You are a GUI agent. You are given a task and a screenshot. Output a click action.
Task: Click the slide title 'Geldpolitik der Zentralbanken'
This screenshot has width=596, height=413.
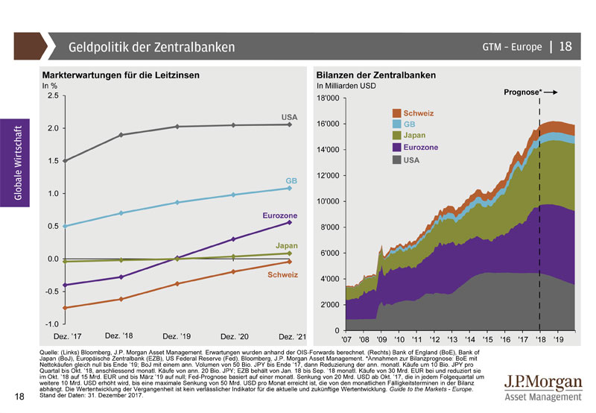[151, 47]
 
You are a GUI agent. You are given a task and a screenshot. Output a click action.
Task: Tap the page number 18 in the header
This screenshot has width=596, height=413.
[565, 46]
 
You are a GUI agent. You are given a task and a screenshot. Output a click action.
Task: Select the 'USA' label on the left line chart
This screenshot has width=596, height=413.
[289, 117]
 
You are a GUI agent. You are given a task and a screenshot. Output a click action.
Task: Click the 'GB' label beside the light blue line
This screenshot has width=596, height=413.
[291, 181]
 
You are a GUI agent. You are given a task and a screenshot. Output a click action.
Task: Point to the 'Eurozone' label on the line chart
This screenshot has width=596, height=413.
[280, 215]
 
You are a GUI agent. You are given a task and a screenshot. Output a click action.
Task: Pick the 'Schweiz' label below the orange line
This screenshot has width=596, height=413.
[283, 275]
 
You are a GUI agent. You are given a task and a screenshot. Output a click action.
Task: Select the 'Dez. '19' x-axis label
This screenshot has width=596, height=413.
[176, 337]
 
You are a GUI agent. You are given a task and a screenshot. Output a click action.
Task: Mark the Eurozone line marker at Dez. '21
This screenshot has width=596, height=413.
[289, 222]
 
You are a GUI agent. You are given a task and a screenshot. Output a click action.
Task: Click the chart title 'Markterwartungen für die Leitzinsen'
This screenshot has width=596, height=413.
[121, 76]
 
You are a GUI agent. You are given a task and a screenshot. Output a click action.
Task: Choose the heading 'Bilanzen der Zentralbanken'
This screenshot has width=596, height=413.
[375, 76]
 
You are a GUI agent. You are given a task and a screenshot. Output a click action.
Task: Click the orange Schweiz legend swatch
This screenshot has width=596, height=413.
[396, 113]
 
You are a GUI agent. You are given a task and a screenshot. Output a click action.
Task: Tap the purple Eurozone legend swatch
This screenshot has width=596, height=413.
[396, 148]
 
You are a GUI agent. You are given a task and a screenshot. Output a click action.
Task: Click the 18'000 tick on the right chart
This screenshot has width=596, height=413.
[328, 98]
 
